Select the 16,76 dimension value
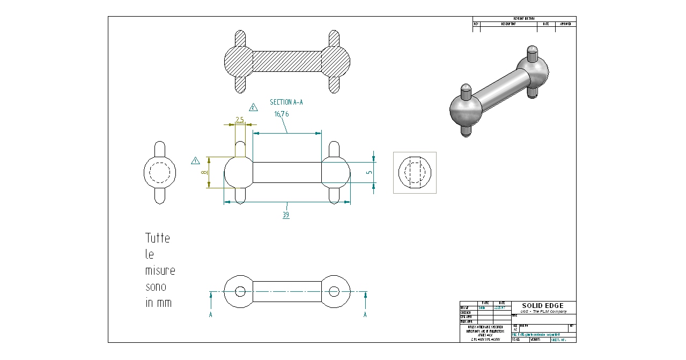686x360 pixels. pos(282,114)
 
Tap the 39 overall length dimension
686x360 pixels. pos(286,215)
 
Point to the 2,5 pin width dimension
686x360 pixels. pos(240,120)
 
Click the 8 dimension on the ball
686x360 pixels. pos(203,173)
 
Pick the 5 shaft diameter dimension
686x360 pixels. pos(368,172)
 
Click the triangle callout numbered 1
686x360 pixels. pos(195,160)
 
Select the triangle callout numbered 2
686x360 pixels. pos(253,107)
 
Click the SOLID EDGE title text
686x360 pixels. pos(543,306)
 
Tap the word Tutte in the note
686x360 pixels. pos(158,238)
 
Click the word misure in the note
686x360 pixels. pos(160,270)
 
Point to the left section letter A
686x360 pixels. pos(211,315)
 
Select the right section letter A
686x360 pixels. pos(365,315)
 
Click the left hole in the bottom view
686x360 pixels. pos(240,291)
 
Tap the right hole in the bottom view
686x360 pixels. pos(334,291)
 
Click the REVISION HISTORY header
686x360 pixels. pos(524,19)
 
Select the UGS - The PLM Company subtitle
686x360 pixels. pos(543,312)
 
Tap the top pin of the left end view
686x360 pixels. pos(160,149)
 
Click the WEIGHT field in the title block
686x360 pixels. pos(535,340)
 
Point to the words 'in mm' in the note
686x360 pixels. pos(159,303)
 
